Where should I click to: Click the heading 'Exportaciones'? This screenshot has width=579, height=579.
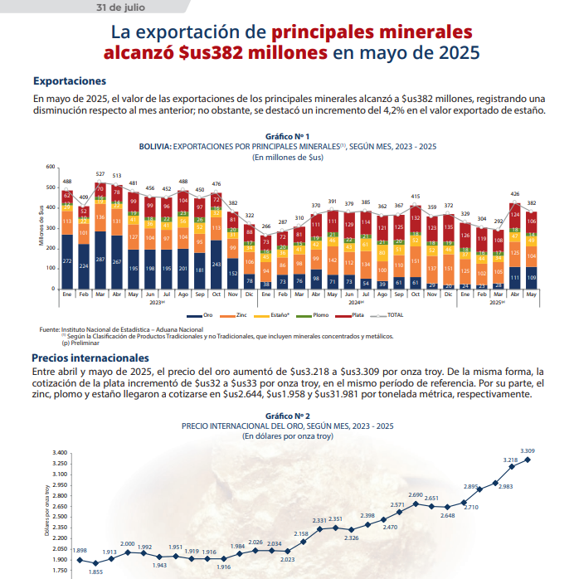(x=70, y=81)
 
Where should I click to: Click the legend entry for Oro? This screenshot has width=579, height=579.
(x=207, y=316)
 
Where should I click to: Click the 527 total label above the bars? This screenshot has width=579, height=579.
(x=100, y=174)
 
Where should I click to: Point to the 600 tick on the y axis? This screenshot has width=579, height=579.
(x=49, y=168)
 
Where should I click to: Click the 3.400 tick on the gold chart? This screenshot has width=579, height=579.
(x=59, y=453)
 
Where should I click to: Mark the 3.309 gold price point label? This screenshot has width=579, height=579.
(x=528, y=450)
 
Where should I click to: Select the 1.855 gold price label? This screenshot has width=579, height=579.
(x=95, y=572)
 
